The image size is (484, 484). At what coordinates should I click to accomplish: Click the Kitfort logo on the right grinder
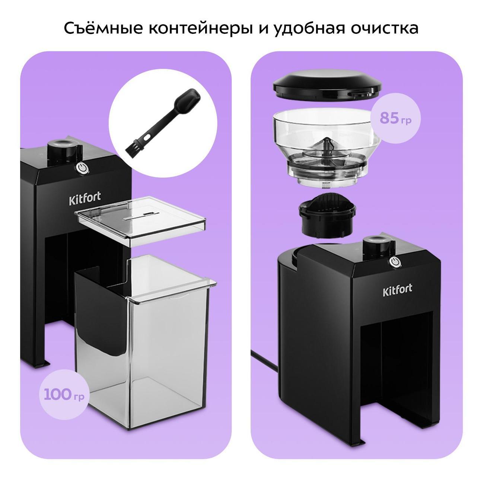[398, 290]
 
